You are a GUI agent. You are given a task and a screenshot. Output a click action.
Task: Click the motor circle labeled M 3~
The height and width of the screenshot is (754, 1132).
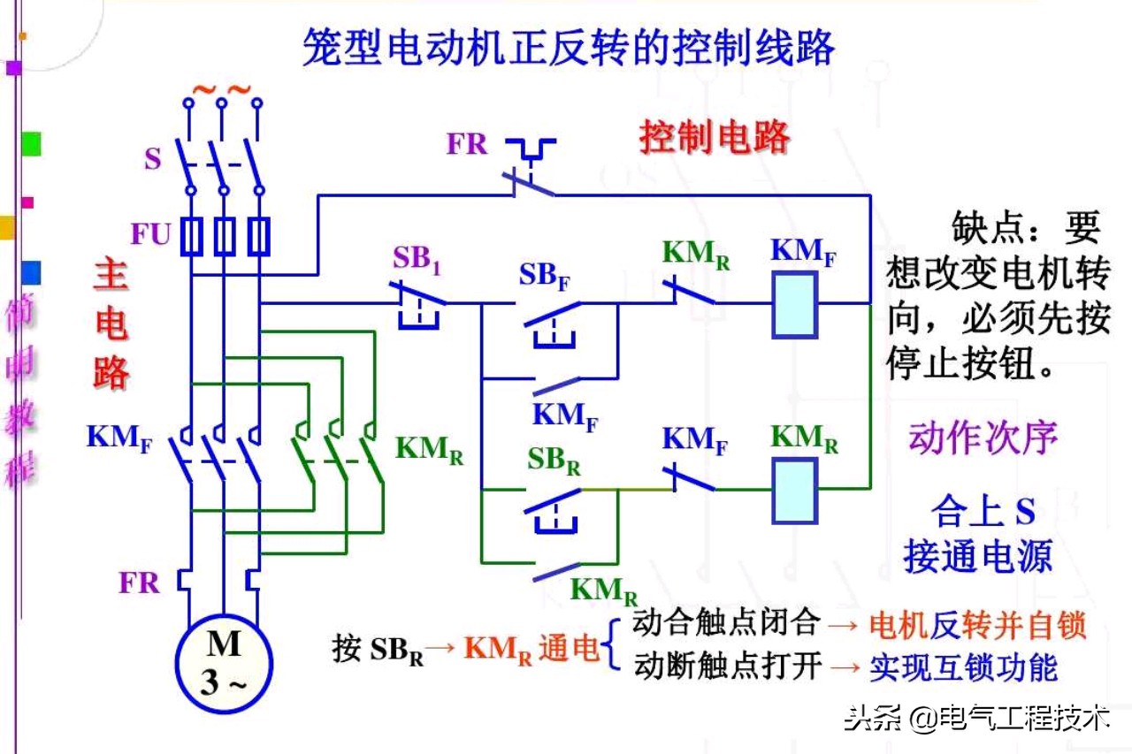click(224, 662)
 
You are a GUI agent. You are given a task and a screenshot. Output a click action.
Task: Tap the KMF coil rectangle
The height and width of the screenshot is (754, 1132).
click(794, 305)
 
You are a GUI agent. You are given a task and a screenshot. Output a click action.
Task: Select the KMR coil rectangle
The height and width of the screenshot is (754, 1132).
click(794, 491)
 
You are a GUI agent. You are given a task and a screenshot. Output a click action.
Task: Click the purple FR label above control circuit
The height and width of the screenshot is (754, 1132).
click(467, 144)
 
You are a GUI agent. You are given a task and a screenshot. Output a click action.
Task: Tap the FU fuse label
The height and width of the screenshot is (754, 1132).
click(151, 235)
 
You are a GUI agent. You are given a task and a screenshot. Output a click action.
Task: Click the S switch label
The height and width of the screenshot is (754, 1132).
click(153, 161)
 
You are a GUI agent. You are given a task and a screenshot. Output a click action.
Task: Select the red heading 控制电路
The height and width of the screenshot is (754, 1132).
click(715, 138)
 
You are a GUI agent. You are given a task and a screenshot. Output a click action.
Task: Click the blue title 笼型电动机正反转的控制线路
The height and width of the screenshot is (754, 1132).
click(568, 47)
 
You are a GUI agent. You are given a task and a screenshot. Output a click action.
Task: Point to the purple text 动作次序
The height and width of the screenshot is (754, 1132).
click(983, 438)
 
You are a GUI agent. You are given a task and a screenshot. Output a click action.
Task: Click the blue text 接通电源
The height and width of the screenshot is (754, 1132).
click(977, 557)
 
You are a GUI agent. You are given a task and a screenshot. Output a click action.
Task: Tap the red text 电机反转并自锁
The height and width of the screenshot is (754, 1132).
click(977, 626)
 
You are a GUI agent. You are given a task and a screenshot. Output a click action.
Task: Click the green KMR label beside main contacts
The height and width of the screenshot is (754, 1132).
click(430, 449)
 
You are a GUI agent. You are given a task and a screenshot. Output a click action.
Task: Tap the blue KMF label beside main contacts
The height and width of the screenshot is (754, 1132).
click(119, 438)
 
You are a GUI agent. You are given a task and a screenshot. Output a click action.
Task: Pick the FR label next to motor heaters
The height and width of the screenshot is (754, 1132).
click(140, 583)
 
